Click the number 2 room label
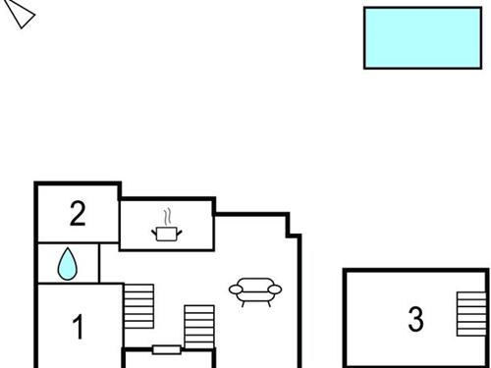pyautogui.click(x=78, y=213)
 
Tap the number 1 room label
pyautogui.click(x=79, y=327)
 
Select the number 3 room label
pyautogui.click(x=416, y=319)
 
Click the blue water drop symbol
pyautogui.click(x=68, y=263)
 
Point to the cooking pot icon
pyautogui.click(x=166, y=233)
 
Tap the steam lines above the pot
pyautogui.click(x=169, y=214)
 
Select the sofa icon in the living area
pyautogui.click(x=254, y=289)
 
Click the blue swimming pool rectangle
pyautogui.click(x=423, y=37)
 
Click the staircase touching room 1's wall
pyautogui.click(x=139, y=306)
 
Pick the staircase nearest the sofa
pyautogui.click(x=199, y=326)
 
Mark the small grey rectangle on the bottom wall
pyautogui.click(x=166, y=349)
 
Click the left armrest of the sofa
pyautogui.click(x=236, y=289)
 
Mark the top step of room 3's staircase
pyautogui.click(x=470, y=295)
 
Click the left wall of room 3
pyautogui.click(x=345, y=319)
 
